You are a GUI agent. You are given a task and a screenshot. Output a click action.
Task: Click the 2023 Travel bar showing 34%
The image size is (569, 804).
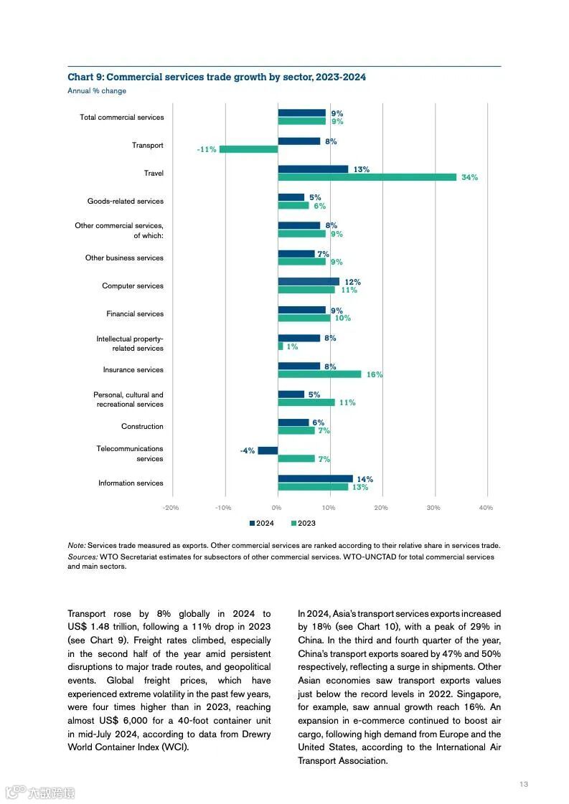click(367, 177)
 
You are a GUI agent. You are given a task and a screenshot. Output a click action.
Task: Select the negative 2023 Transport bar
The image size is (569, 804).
click(248, 149)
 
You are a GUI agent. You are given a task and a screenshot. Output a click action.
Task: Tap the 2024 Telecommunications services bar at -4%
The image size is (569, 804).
click(268, 450)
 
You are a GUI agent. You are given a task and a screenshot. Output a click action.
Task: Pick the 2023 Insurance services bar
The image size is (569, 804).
click(319, 374)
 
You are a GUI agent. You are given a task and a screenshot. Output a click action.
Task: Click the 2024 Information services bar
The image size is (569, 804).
click(315, 478)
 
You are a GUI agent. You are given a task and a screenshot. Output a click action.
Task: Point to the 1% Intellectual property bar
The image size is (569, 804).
click(281, 346)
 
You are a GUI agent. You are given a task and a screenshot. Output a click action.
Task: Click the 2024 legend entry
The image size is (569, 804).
click(262, 524)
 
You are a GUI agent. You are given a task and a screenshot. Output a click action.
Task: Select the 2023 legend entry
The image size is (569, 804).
click(304, 524)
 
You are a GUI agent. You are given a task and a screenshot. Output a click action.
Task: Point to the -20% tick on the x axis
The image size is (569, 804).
click(171, 508)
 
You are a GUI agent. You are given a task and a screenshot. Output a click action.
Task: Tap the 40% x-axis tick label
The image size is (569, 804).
click(486, 508)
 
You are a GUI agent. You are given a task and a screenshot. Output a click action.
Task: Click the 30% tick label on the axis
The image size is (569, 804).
click(433, 508)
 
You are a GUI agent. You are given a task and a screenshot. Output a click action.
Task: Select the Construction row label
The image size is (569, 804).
click(142, 427)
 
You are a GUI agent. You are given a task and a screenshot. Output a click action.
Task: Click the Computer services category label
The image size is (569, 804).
click(133, 286)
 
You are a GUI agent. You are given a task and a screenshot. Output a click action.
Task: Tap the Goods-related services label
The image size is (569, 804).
click(126, 202)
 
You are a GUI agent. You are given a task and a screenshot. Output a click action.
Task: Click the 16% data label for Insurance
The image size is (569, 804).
click(375, 374)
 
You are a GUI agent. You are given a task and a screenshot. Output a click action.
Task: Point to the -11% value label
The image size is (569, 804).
click(207, 149)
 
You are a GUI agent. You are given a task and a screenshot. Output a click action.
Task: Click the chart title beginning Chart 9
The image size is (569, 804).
click(217, 77)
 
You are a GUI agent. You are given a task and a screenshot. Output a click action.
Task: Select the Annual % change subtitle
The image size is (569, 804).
click(97, 91)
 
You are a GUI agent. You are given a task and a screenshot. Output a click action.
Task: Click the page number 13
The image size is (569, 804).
click(524, 784)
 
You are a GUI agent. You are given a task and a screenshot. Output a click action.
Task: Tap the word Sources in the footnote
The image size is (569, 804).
click(83, 557)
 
